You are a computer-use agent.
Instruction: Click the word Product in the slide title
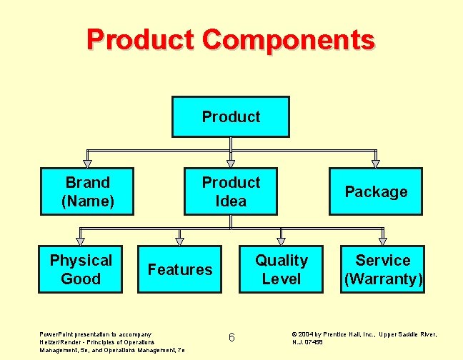coord(141,39)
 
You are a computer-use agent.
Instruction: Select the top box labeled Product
coord(231,116)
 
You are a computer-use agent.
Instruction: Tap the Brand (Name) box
coord(88,191)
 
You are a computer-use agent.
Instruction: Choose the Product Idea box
coord(231,191)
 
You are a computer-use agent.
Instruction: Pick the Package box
coord(376,191)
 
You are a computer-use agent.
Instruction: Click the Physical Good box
coord(81,269)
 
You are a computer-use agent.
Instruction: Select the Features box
coord(180,269)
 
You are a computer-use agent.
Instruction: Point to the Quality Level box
coord(282,269)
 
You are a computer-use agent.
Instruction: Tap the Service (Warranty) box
coord(383,269)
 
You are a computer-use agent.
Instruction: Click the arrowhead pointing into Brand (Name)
coord(88,163)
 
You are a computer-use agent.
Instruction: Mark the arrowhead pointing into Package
coord(376,163)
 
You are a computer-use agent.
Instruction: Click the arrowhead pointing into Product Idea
coord(231,163)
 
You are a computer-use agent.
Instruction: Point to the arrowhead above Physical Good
coord(81,241)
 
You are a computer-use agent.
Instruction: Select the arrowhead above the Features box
coord(180,241)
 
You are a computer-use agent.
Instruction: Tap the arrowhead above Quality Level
coord(282,241)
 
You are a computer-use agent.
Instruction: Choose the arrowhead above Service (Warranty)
coord(383,241)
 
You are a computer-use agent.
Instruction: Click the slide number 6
coord(231,337)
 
